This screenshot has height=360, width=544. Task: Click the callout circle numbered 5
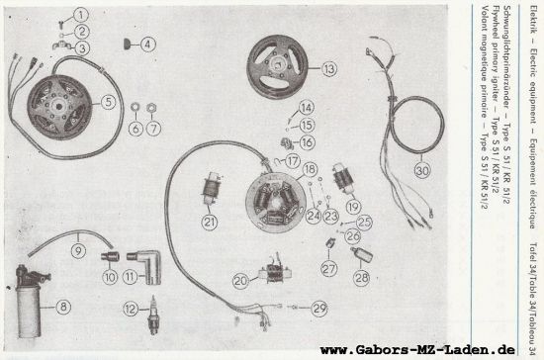[x=109, y=100]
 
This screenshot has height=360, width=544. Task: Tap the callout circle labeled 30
[x=422, y=170]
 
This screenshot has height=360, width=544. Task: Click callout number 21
[x=210, y=194]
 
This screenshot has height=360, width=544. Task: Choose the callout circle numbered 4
[x=147, y=44]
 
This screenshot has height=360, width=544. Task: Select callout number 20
[x=240, y=281]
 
